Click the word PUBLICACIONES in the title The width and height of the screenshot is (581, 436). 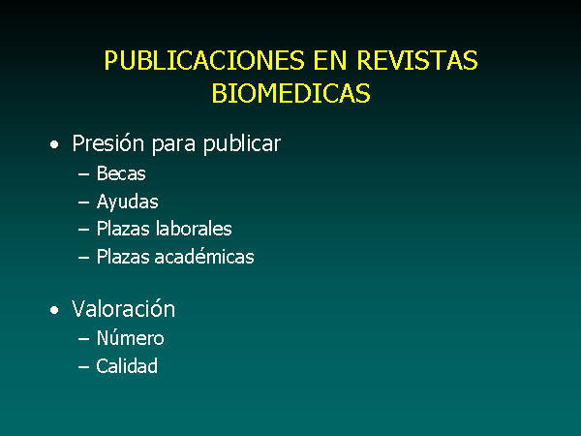(x=204, y=60)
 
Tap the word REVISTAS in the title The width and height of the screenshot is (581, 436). (x=417, y=60)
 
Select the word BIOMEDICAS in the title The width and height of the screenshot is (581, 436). (x=290, y=93)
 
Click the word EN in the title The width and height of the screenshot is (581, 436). (x=330, y=60)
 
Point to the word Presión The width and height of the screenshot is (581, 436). (x=107, y=142)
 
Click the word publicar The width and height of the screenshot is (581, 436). (x=242, y=143)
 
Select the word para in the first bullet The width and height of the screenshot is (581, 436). (x=173, y=145)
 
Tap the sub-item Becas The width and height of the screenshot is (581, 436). (x=121, y=173)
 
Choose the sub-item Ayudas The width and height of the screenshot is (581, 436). (x=128, y=202)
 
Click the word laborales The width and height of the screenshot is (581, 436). (x=194, y=228)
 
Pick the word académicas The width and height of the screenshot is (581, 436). (x=204, y=256)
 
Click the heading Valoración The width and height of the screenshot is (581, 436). (x=123, y=308)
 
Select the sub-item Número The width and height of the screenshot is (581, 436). (x=130, y=337)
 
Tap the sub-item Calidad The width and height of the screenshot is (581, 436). (x=127, y=366)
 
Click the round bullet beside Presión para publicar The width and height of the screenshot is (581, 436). (x=54, y=144)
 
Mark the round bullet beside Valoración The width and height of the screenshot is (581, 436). (x=54, y=310)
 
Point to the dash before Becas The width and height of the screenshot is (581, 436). (x=83, y=173)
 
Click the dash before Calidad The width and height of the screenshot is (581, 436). (x=83, y=366)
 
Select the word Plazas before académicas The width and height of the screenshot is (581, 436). (x=123, y=256)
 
